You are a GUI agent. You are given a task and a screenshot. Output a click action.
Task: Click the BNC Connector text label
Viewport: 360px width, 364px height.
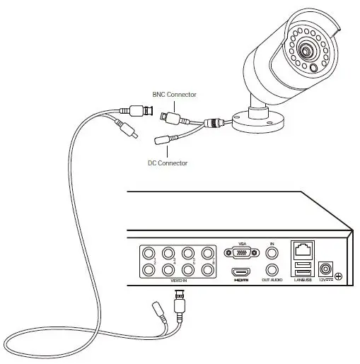174,94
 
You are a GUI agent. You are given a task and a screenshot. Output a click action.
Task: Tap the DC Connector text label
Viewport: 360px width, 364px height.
168,163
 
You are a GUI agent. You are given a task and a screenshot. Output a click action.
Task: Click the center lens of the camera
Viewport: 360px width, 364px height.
306,52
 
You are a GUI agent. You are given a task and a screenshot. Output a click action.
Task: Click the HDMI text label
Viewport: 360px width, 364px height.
242,281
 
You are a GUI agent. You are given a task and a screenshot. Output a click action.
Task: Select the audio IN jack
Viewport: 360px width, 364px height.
272,252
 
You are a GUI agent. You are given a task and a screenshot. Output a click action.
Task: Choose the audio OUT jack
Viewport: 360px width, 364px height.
272,269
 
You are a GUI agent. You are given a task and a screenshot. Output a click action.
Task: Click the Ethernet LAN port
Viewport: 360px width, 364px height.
302,250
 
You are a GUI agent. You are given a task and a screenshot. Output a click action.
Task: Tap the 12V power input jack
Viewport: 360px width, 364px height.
326,269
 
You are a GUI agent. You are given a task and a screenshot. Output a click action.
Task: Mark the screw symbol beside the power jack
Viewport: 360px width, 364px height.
341,276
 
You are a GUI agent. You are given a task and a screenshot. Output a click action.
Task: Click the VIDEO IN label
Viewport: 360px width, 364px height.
178,281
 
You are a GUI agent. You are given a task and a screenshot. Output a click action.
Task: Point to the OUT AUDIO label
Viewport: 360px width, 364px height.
272,281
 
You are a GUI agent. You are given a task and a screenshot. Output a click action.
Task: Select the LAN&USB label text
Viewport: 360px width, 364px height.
302,281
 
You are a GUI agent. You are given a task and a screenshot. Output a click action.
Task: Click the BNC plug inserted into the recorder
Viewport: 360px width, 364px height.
180,303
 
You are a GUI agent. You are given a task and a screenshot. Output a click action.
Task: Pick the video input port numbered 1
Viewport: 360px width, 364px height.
149,252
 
